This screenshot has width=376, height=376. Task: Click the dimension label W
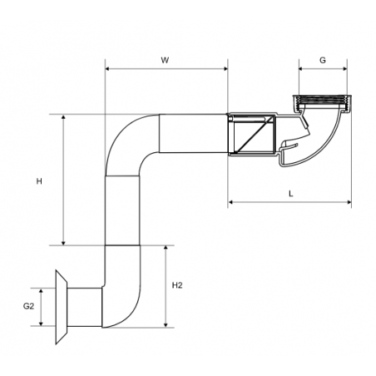point(165,60)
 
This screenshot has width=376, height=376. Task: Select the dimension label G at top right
point(323,60)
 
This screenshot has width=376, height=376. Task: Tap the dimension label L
point(291,194)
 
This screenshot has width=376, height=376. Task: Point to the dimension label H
point(39,181)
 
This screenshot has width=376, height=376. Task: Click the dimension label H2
point(177,285)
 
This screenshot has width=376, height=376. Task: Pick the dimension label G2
point(28,306)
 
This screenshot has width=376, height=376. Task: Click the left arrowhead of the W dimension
point(108,69)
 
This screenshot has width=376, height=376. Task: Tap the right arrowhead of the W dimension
point(225,69)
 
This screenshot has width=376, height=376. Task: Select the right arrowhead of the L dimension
point(349,202)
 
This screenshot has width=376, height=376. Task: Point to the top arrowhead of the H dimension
point(63,117)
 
